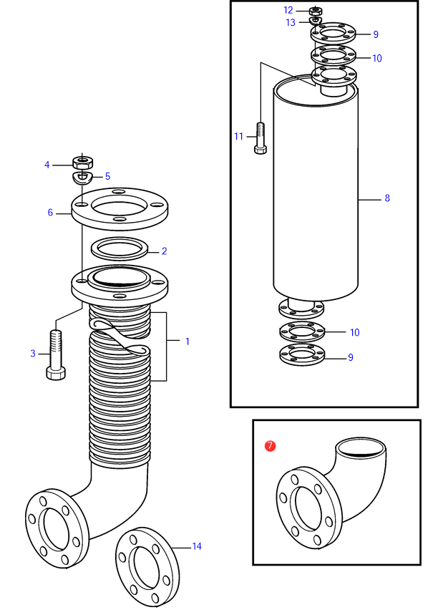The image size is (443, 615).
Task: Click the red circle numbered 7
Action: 270,446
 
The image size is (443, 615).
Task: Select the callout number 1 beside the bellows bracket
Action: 188,342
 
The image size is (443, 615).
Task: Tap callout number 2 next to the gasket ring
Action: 165,251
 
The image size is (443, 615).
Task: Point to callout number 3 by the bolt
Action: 33,354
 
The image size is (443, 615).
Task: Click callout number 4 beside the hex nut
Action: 47,165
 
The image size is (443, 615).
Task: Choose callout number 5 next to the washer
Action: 108,176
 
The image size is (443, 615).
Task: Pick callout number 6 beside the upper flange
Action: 50,213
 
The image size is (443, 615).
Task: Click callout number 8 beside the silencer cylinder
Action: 387,198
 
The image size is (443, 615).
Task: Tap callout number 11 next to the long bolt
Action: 239,137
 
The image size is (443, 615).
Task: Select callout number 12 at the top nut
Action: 288,10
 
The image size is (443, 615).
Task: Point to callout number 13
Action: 291,23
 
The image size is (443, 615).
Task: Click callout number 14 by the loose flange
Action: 197,546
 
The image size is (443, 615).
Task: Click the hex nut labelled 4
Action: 82,161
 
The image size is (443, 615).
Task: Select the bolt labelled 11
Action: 261,138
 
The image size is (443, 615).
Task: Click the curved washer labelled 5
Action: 82,178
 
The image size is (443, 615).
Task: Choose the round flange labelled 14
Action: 147,567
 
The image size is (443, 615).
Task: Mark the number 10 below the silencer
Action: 355,333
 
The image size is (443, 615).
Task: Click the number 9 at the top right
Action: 376,34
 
